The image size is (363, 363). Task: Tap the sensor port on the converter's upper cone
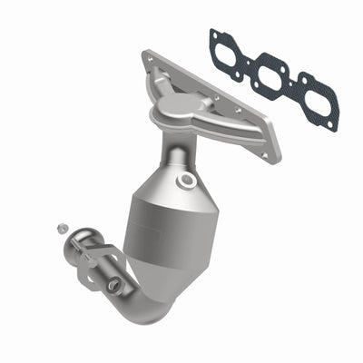[188, 181]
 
